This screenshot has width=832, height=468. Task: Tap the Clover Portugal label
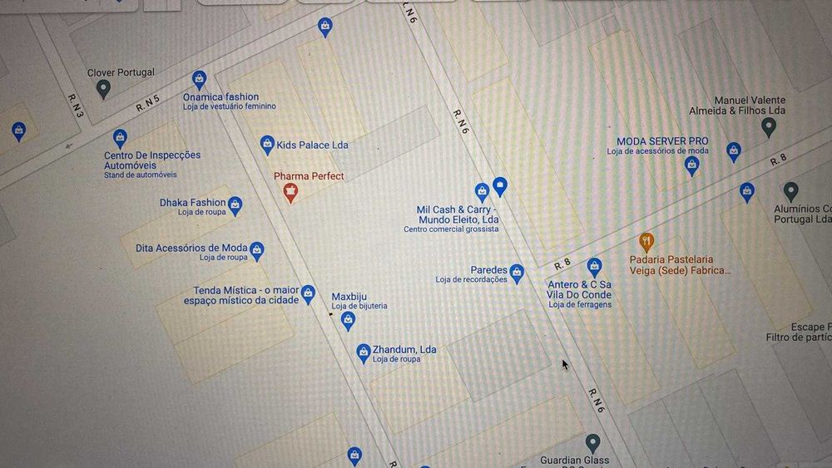point(121,73)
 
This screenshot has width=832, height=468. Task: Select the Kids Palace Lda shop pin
point(267,144)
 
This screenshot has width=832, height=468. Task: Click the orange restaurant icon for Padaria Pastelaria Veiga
point(646,242)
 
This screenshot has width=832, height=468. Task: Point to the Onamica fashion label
point(220,97)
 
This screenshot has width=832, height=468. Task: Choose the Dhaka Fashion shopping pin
point(235,204)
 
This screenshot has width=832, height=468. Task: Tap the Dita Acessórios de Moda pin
point(257,249)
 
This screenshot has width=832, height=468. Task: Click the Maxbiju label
point(349,297)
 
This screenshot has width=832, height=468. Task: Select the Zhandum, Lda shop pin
point(364,352)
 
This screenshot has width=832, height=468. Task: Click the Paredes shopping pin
point(517,272)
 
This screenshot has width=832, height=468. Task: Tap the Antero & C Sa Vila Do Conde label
point(579,290)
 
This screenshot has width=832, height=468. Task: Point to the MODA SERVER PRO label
point(662,141)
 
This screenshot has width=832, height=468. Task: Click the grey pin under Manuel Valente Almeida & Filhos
point(769,127)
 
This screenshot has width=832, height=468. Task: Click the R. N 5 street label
point(147,104)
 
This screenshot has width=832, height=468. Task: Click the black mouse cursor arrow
point(565,364)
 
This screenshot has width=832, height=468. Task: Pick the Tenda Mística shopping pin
point(308,293)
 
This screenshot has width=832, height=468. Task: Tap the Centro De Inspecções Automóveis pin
point(120,137)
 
